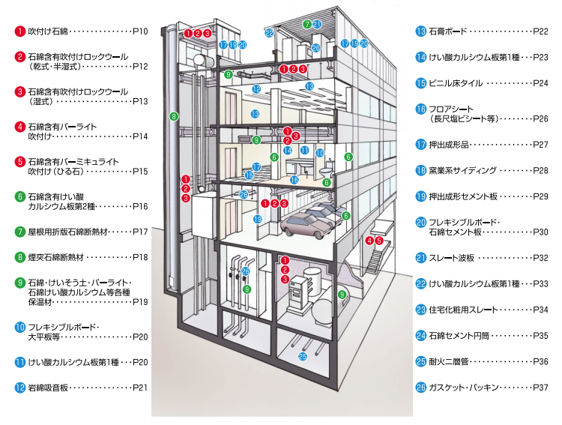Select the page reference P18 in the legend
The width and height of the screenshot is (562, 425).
(x=140, y=257)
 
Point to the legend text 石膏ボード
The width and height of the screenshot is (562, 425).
(x=447, y=31)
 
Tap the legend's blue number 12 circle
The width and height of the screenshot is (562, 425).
(x=19, y=388)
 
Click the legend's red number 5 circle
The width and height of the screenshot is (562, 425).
(x=19, y=161)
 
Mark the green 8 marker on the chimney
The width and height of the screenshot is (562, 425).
(x=173, y=116)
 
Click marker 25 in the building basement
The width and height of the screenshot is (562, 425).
(x=303, y=356)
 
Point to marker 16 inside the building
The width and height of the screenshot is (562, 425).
(x=294, y=180)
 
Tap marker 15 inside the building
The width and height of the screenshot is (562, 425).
(x=250, y=175)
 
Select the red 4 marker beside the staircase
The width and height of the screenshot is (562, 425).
(x=369, y=241)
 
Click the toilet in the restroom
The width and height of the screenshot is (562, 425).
(x=326, y=181)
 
